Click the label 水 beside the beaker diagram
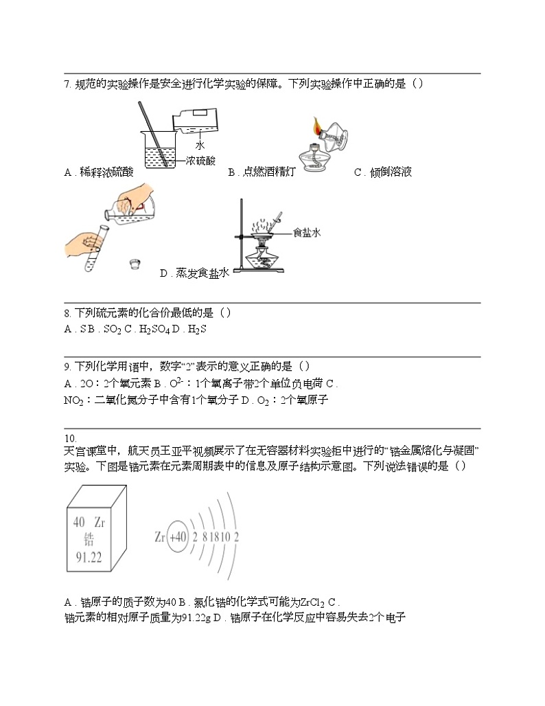pos(200,146)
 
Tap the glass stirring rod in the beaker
pos(152,134)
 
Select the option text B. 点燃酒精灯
pos(262,172)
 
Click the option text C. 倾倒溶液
pos(382,172)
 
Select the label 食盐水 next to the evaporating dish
pos(307,233)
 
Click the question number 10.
pos(70,438)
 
